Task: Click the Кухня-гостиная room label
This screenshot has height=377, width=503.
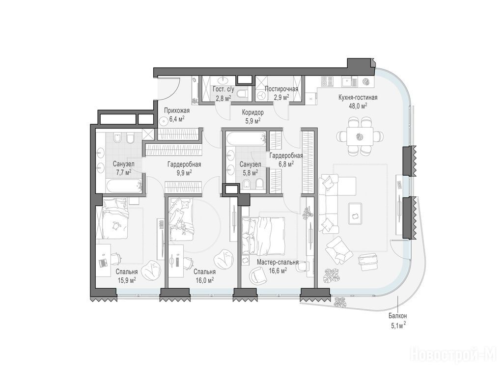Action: click(358, 98)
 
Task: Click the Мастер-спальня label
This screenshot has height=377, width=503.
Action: click(278, 263)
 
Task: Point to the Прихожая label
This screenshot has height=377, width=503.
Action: click(177, 111)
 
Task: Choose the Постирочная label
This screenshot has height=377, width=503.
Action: click(281, 89)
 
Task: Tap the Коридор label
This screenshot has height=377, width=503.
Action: click(253, 112)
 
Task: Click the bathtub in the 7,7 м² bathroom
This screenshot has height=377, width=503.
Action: click(123, 186)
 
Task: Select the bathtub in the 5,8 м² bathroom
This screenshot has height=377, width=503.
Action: click(246, 138)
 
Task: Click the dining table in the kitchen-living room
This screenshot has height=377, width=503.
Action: click(360, 136)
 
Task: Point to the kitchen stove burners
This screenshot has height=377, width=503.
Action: click(327, 81)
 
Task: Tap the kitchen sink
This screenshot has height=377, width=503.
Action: click(349, 82)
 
